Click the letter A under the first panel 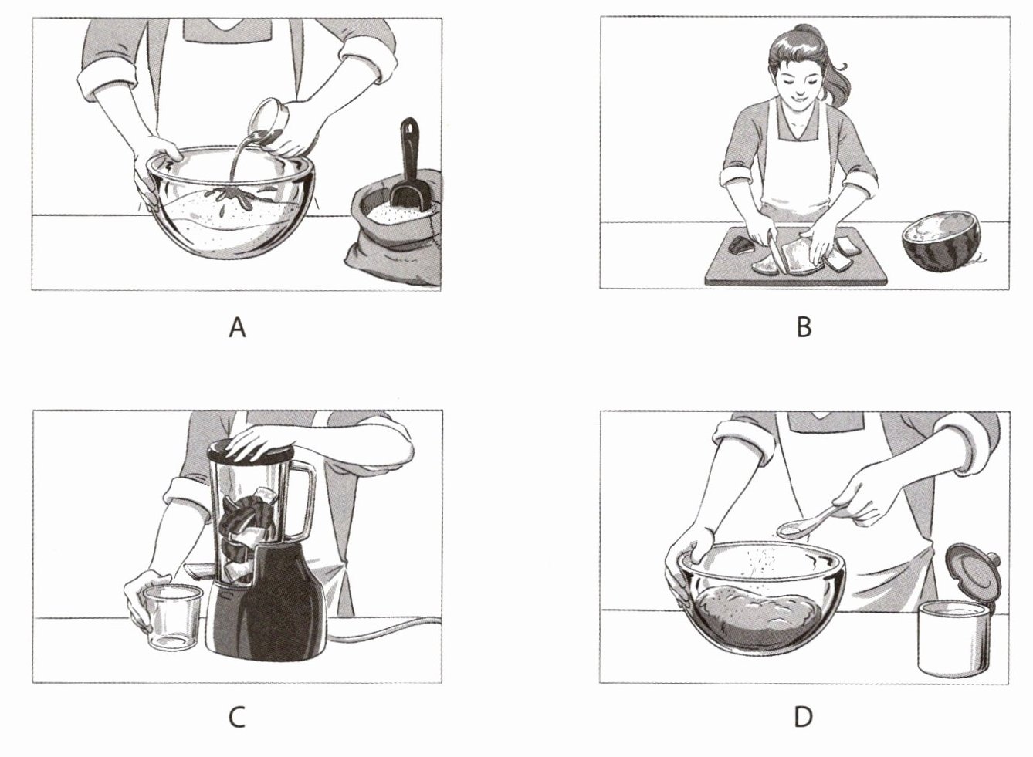[237, 328]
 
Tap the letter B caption [804, 328]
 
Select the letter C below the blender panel [237, 718]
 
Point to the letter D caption [804, 718]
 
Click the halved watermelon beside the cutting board [941, 242]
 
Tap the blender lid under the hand [249, 451]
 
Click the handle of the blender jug [305, 501]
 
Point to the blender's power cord [388, 630]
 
